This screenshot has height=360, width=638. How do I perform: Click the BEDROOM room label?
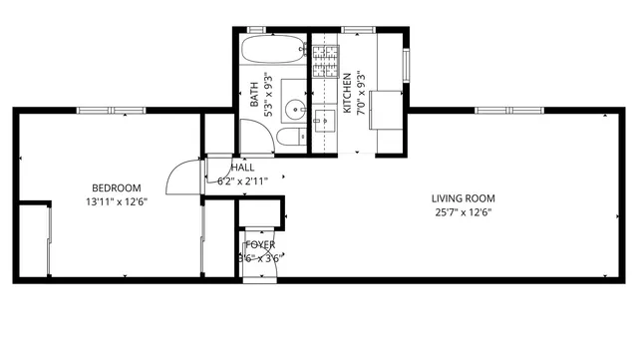[x=117, y=187]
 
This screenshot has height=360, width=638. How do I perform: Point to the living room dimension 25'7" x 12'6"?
[x=464, y=211]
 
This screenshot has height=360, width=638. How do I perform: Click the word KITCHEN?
[x=347, y=94]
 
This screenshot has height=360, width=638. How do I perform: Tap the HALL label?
[x=242, y=168]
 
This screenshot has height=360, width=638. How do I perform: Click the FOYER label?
[x=260, y=244]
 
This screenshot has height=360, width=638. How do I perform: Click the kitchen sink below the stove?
[x=324, y=122]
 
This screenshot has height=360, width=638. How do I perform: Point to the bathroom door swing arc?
[x=251, y=137]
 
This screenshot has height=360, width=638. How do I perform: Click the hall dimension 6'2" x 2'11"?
[x=242, y=181]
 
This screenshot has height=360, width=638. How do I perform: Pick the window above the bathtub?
[x=271, y=30]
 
